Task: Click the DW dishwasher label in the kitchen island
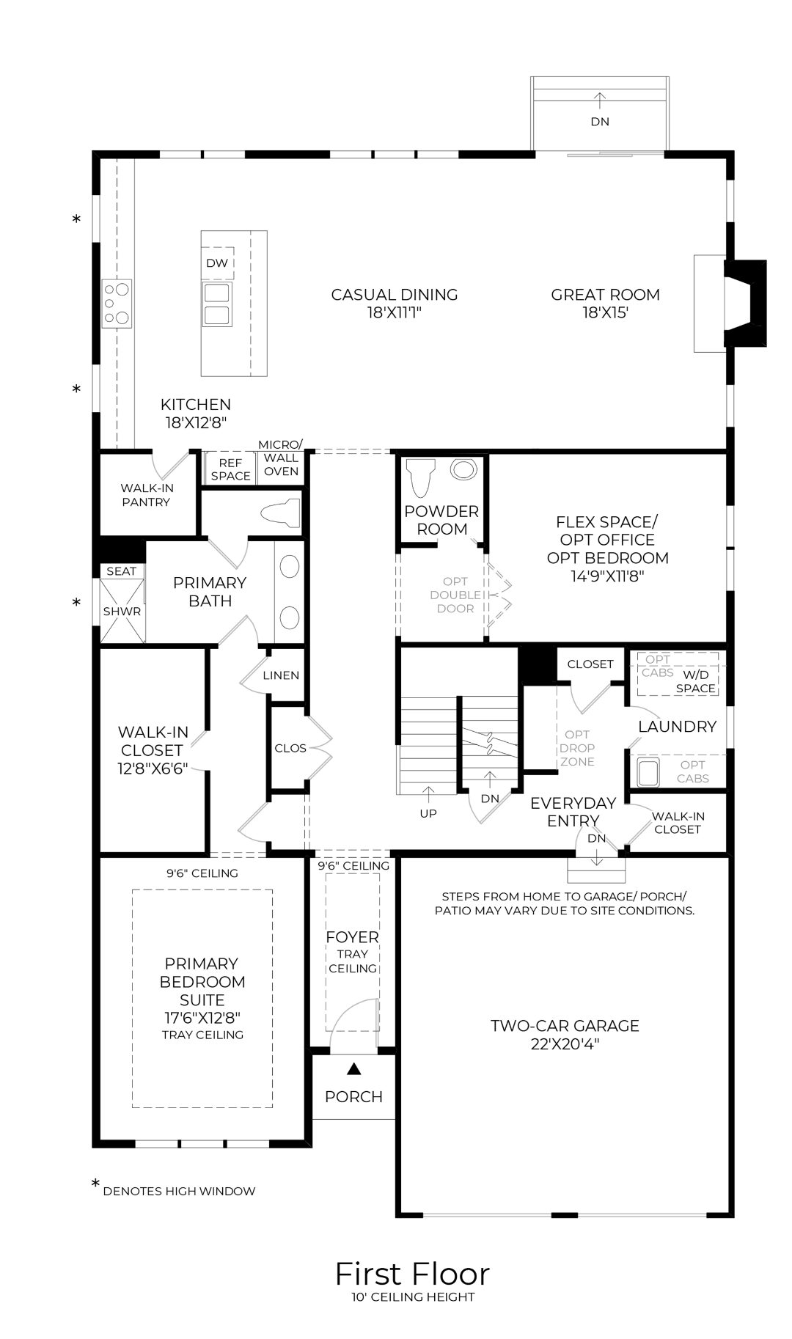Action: coord(217,263)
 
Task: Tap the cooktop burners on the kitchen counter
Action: coord(117,302)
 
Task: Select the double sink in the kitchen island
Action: coord(217,304)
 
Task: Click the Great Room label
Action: coord(605,295)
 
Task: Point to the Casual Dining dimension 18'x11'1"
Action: coord(395,313)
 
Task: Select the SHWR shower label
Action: coord(122,611)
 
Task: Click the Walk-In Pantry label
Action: coord(146,495)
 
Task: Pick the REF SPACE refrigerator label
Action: coord(230,469)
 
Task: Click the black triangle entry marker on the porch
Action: coord(354,1069)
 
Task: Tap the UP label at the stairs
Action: coord(428,813)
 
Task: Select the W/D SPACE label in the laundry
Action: coord(696,681)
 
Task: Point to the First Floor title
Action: coord(412,1274)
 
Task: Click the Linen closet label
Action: coord(281,675)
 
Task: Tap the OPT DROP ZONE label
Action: coord(577,748)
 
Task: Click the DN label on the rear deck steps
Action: coord(600,122)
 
